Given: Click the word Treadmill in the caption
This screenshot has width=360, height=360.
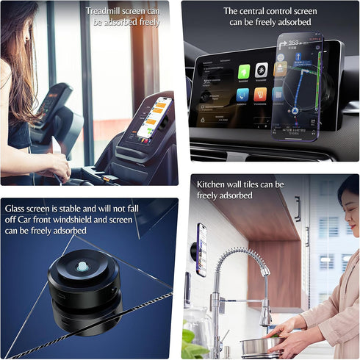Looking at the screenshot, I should coord(104,11).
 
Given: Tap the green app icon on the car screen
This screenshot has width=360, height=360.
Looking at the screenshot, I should coord(244,71).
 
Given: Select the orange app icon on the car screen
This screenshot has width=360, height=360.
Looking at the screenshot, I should coord(260,95).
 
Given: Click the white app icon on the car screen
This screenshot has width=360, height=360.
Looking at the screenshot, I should coord(262,71).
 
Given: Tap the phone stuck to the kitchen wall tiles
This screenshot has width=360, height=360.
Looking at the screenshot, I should coord(201,250).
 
